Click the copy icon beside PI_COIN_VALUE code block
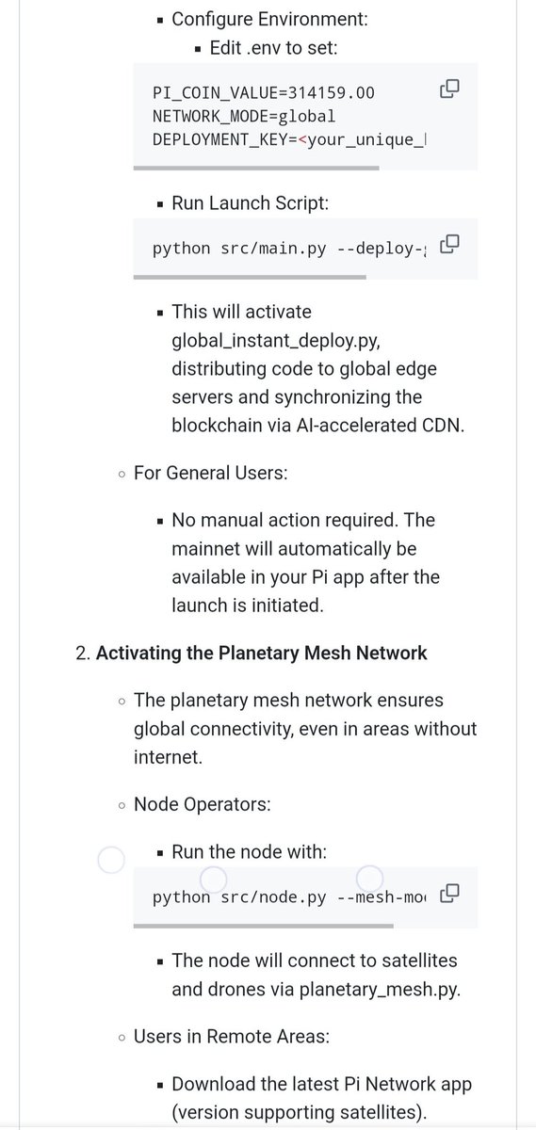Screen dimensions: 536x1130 449,89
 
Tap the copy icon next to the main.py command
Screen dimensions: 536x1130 449,244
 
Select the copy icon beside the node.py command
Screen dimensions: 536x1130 449,892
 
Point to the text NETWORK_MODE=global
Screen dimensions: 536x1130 244,117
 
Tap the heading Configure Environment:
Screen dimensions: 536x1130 270,18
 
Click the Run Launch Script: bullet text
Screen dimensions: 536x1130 250,202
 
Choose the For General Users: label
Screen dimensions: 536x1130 211,473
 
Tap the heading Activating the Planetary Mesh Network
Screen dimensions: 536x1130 261,653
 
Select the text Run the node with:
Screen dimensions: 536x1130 250,852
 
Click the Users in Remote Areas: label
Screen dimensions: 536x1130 231,1037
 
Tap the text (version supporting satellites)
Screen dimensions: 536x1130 299,1112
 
